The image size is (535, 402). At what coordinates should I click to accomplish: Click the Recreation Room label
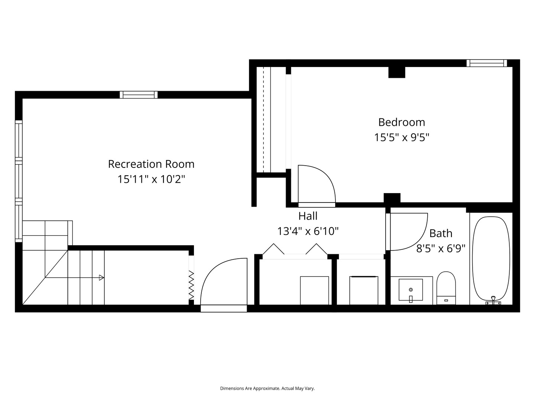[151, 164]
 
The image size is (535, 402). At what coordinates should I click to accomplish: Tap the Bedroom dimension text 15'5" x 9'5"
[402, 137]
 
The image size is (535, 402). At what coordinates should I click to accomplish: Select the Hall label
[308, 216]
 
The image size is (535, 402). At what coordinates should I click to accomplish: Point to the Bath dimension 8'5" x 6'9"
[441, 248]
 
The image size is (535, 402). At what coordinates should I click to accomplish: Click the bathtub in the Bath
[491, 258]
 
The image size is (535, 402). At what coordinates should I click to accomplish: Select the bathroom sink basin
[411, 290]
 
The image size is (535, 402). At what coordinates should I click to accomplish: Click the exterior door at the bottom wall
[224, 308]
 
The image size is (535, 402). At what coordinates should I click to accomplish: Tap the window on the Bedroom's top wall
[487, 63]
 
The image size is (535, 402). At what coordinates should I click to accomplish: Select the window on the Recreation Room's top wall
[139, 95]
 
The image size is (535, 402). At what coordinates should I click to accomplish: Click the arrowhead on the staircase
[101, 277]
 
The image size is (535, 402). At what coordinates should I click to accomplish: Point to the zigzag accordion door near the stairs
[191, 285]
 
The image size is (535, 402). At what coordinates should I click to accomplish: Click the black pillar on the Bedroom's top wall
[396, 72]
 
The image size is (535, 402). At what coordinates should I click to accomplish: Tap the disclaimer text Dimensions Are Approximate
[267, 388]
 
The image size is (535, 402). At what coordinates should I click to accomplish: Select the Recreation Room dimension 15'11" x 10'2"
[151, 179]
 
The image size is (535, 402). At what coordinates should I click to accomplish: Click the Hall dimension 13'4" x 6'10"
[308, 231]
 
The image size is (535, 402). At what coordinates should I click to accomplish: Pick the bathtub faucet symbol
[493, 300]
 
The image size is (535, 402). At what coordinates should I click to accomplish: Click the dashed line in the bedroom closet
[263, 119]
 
